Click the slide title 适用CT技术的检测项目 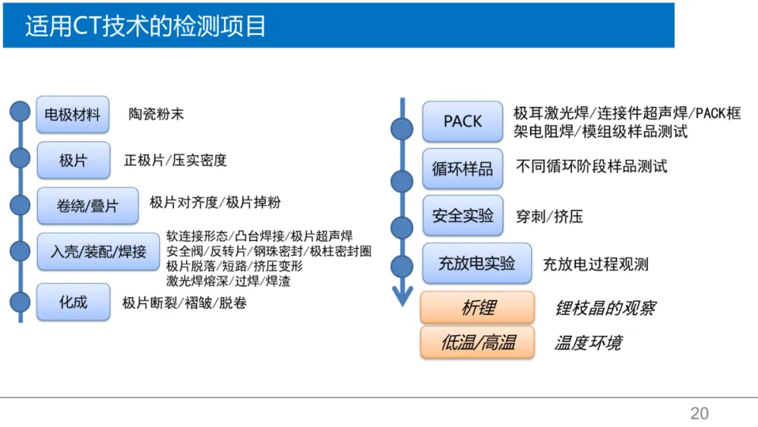coord(145,25)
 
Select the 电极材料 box coord(72,114)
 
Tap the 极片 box coord(74,160)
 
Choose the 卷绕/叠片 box coord(88,206)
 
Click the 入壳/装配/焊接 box coord(98,251)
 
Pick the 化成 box coord(73,302)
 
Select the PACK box coord(463,121)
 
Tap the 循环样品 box coord(463,169)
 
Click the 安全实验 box coord(463,216)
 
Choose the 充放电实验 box coord(477,263)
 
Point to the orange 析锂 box coord(477,308)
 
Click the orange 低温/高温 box coord(477,343)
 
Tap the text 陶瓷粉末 coord(156,114)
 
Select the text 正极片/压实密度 coord(175,160)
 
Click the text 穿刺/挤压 coord(549,216)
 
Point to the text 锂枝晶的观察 coord(605,308)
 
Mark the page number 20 coord(700,414)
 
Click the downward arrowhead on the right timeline coord(402,296)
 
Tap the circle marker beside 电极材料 coord(20,111)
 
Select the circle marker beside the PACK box coord(401,129)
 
